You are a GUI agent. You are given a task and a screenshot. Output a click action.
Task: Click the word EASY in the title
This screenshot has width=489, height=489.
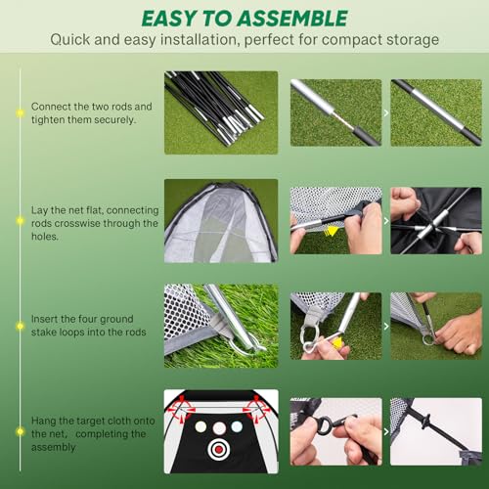point(177,19)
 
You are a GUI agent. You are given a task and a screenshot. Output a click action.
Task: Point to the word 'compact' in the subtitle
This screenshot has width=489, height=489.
point(360,42)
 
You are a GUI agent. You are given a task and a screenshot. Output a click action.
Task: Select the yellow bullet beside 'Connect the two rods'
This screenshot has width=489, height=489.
point(19,112)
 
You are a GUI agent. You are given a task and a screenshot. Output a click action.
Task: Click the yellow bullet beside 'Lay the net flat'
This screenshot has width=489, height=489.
point(19,223)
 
